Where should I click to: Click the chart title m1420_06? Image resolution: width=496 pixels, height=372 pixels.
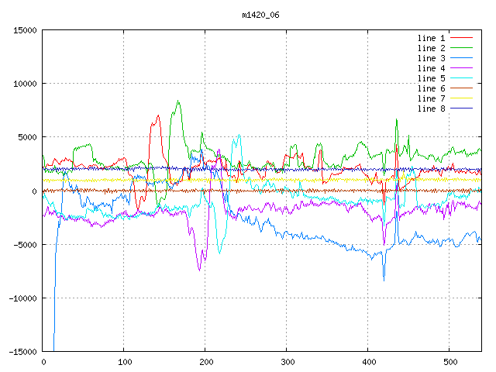260,15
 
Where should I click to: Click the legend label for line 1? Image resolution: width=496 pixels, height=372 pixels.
431,38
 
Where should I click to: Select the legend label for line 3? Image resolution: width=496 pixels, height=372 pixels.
431,58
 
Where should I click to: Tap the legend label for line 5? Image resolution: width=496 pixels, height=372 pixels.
431,78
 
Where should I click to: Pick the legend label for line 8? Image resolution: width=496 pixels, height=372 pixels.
431,108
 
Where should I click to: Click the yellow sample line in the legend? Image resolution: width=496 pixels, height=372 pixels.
462,98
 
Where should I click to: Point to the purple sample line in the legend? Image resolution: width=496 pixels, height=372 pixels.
462,68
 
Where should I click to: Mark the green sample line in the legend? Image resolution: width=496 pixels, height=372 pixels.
462,48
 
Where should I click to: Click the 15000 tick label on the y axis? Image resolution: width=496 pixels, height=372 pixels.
25,30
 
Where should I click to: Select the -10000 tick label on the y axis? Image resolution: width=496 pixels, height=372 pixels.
22,298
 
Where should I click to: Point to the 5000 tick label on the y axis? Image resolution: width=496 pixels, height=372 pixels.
27,137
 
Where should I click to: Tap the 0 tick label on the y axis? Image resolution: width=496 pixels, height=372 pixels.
34,191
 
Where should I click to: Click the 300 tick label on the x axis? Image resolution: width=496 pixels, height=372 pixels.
288,362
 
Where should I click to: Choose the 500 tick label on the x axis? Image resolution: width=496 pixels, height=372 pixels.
450,362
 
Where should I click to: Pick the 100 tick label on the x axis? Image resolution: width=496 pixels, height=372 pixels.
125,362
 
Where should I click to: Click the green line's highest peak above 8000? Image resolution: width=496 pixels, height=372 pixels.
178,101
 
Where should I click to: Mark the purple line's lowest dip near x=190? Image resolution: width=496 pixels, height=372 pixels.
199,270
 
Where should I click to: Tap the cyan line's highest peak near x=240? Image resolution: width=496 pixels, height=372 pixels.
239,135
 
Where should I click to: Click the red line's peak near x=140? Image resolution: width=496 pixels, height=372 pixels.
158,115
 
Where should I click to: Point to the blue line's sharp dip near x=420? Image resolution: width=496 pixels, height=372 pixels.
384,281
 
